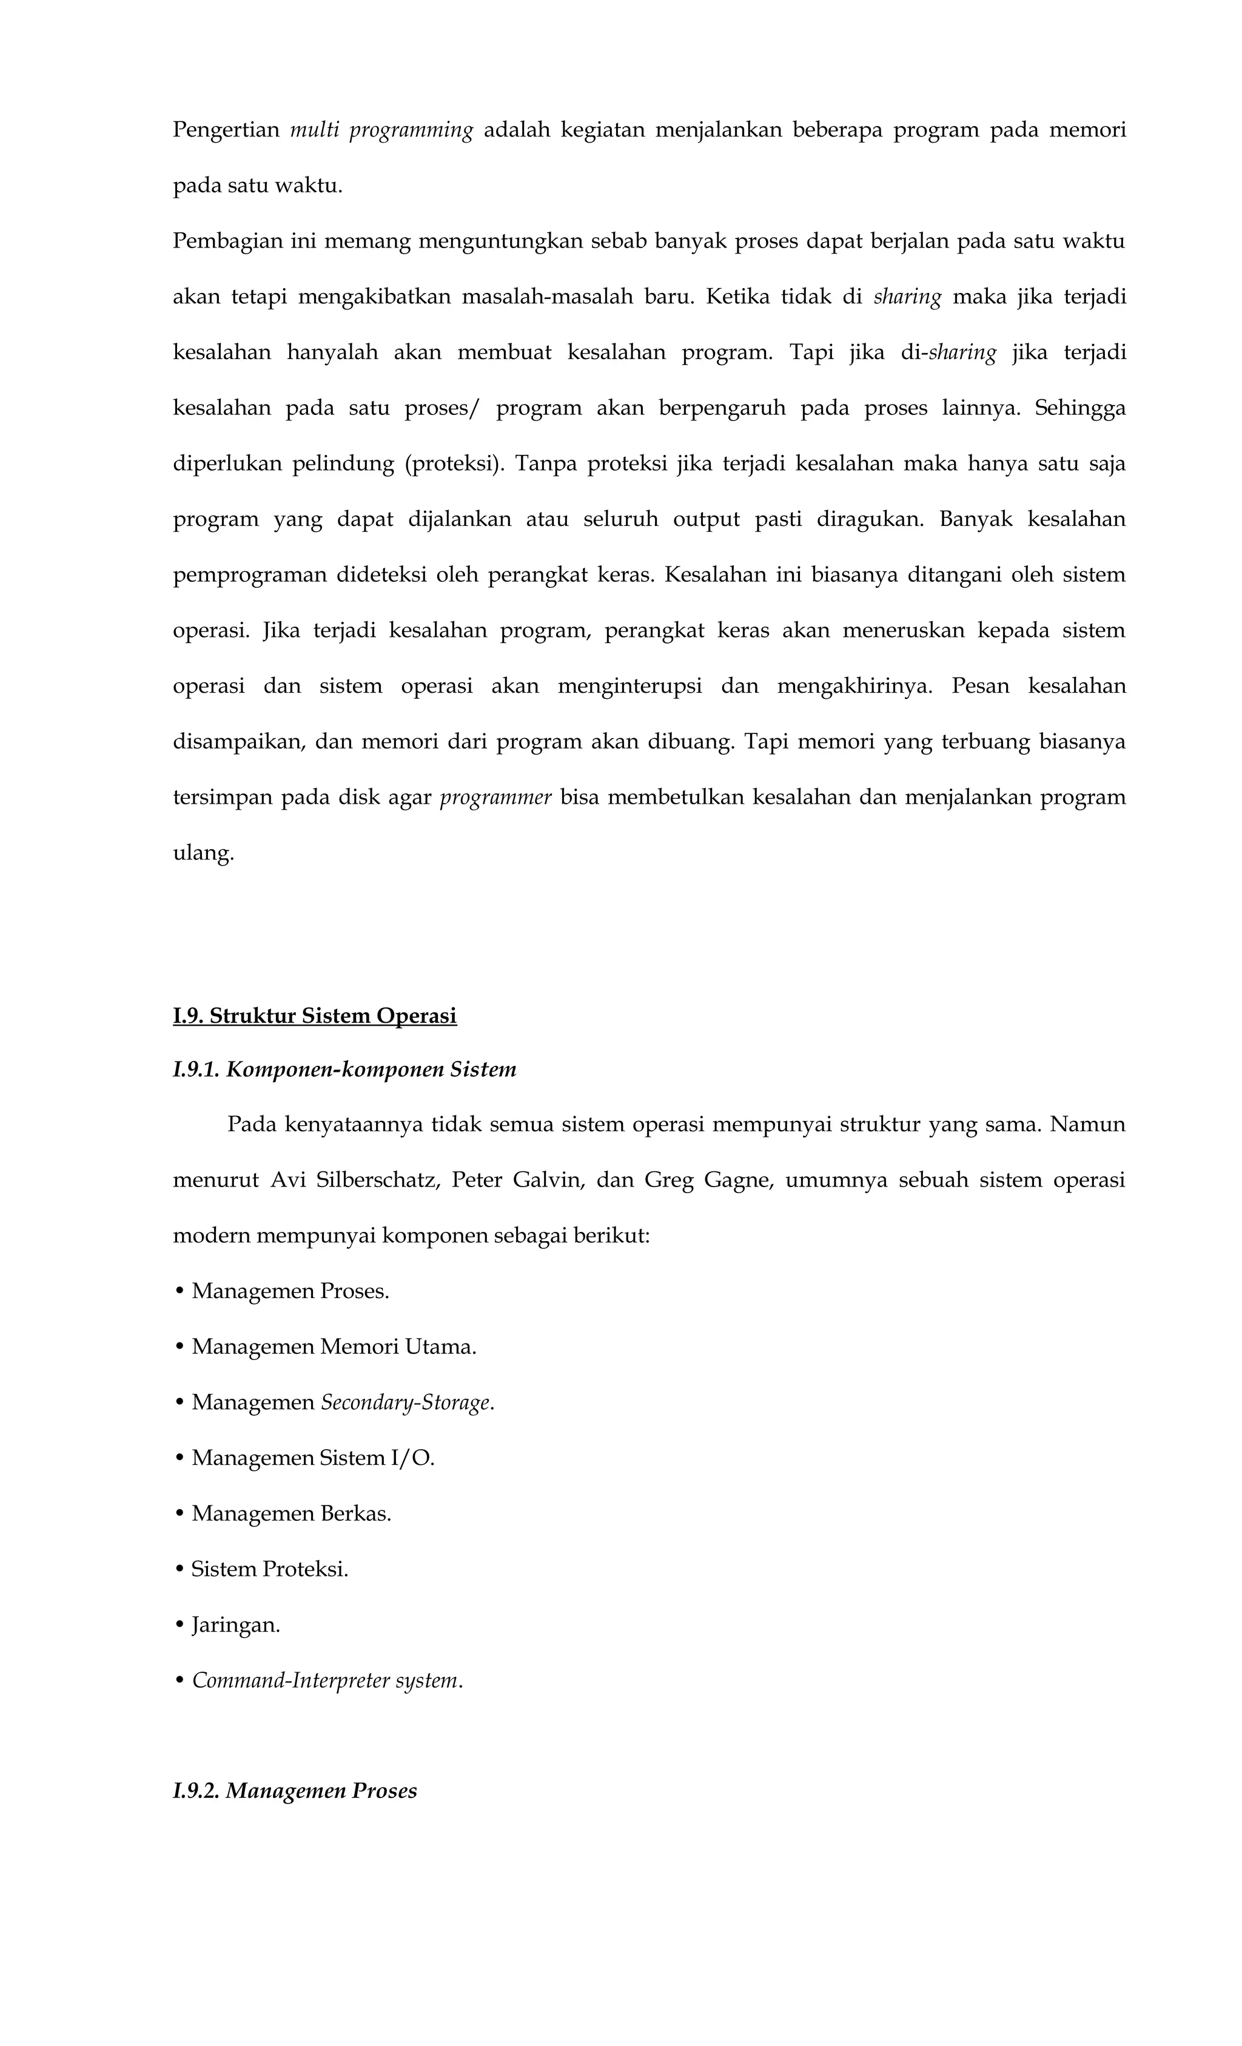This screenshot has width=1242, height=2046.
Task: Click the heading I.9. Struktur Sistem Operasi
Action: tap(315, 1015)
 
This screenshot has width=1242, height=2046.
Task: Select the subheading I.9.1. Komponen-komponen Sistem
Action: tap(344, 1069)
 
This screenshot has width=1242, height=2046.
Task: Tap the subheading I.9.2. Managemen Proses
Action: tap(294, 1790)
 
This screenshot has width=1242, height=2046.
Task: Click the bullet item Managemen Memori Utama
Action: tap(334, 1346)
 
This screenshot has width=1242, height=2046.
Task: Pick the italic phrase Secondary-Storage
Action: tap(406, 1402)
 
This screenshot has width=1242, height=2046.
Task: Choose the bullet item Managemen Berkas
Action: tap(290, 1513)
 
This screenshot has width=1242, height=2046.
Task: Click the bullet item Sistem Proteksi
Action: tap(269, 1569)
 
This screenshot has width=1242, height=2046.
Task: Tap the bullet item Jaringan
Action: tap(236, 1624)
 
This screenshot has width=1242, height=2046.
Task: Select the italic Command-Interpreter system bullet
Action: tap(326, 1680)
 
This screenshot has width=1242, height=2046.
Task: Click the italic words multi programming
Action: tap(381, 130)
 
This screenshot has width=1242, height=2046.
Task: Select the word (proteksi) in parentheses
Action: tap(454, 463)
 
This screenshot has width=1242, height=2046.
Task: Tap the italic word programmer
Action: tap(495, 797)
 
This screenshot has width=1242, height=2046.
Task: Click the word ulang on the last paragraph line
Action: tap(203, 853)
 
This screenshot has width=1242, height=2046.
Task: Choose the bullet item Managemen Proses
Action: tap(290, 1291)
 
